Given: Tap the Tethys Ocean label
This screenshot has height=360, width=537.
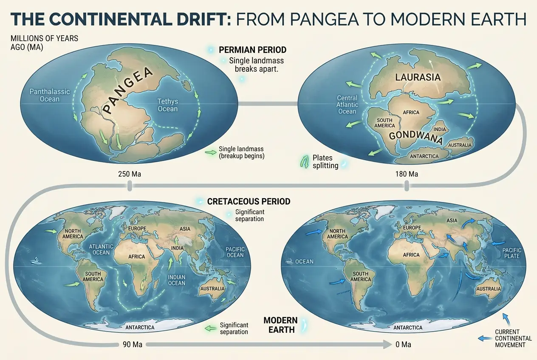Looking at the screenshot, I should coord(167,105).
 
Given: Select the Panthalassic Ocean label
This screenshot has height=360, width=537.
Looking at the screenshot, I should coord(45,95).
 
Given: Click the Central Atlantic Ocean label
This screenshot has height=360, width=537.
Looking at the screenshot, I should coord(347,104).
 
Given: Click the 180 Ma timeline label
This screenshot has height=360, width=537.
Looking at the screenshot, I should coord(406,174).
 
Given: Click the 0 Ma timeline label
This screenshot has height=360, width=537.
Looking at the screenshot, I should coord(403,344).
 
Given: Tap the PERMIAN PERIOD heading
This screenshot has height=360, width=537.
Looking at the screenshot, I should coord(252,50).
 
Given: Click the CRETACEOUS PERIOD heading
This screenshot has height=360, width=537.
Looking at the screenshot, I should coord(249,201).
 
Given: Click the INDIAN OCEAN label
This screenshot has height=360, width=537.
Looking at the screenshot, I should coord(177,280).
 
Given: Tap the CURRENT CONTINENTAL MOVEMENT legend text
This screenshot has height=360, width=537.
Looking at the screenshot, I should coord(513,338).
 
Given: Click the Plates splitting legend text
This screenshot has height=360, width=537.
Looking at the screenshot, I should coord(325,162).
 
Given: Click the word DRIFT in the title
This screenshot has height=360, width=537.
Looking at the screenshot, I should coord(199,20).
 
